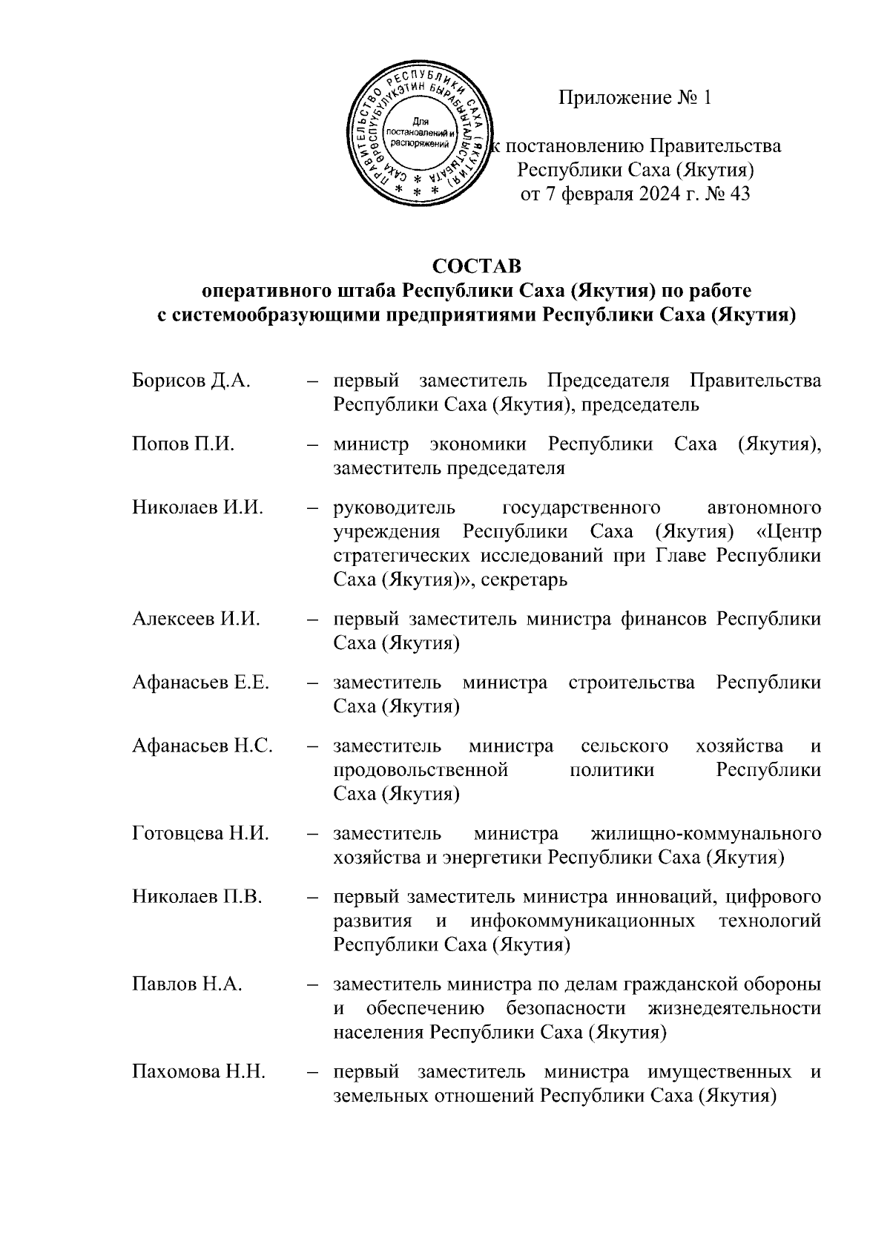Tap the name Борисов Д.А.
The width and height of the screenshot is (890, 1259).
(191, 381)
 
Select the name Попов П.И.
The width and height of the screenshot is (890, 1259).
(183, 444)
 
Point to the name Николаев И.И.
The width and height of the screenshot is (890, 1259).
(198, 507)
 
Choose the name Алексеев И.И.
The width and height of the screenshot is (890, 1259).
(197, 619)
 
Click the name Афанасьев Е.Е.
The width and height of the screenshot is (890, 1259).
(200, 682)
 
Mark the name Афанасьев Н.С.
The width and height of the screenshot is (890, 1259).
(202, 746)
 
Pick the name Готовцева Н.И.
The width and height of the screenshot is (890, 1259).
(200, 833)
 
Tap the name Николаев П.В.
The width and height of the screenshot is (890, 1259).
(197, 897)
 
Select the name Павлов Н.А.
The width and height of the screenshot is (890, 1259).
(188, 984)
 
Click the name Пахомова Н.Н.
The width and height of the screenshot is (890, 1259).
(199, 1072)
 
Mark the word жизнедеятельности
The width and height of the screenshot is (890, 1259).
(734, 1009)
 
